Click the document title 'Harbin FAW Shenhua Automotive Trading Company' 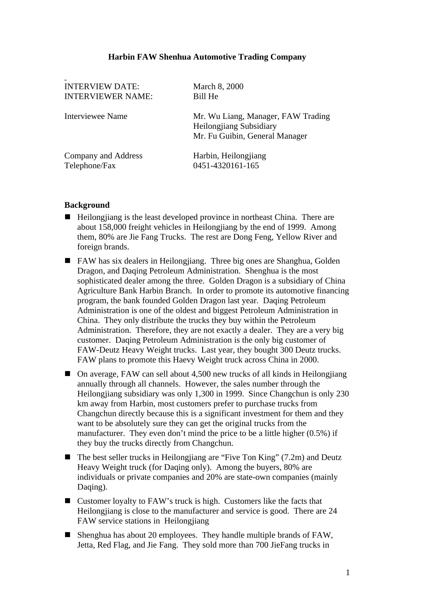pyautogui.click(x=207, y=57)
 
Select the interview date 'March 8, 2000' pyautogui.click(x=218, y=87)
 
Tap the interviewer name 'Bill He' pyautogui.click(x=205, y=96)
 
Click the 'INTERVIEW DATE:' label pyautogui.click(x=102, y=87)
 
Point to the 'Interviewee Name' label pyautogui.click(x=96, y=116)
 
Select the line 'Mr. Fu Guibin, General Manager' pyautogui.click(x=250, y=136)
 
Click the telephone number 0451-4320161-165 pyautogui.click(x=226, y=166)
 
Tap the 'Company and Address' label pyautogui.click(x=103, y=156)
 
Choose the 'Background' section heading pyautogui.click(x=87, y=205)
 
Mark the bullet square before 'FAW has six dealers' pyautogui.click(x=68, y=260)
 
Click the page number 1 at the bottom pyautogui.click(x=348, y=572)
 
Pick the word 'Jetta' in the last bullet pyautogui.click(x=86, y=545)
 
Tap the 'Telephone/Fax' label pyautogui.click(x=90, y=166)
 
